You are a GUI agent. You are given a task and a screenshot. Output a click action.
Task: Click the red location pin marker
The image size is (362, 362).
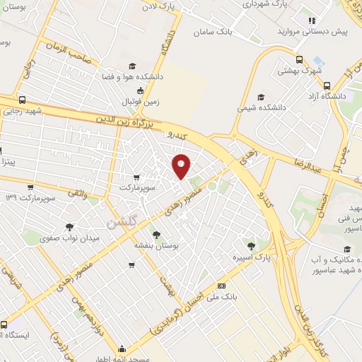pyautogui.click(x=182, y=165)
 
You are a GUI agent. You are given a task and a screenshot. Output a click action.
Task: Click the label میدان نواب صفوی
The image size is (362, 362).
pyautogui.click(x=75, y=239)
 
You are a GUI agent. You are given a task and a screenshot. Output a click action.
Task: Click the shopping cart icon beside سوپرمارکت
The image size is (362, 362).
pyautogui.click(x=136, y=177)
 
